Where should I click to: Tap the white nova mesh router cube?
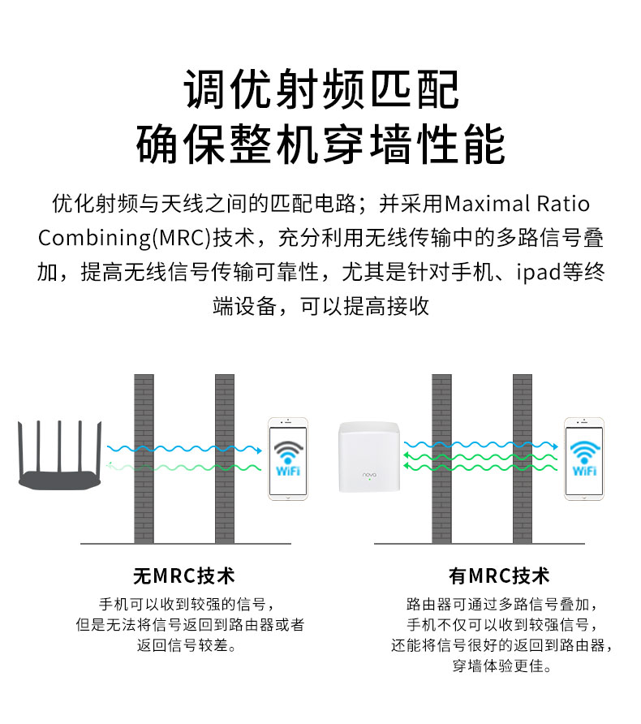pyautogui.click(x=368, y=457)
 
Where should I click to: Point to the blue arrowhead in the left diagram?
pyautogui.click(x=259, y=450)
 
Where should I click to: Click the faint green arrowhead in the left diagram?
pyautogui.click(x=110, y=465)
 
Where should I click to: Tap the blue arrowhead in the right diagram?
pyautogui.click(x=555, y=446)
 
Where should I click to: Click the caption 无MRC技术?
pyautogui.click(x=183, y=575)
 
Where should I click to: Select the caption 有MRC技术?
pyautogui.click(x=499, y=575)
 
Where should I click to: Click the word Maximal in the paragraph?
pyautogui.click(x=487, y=204)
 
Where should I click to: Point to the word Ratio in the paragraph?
pyautogui.click(x=563, y=204)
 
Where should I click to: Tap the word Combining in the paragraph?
pyautogui.click(x=94, y=239)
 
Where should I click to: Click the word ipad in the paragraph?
pyautogui.click(x=539, y=273)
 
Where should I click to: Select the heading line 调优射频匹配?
pyautogui.click(x=321, y=89)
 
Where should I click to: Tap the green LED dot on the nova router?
pyautogui.click(x=369, y=479)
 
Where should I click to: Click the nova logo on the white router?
pyautogui.click(x=369, y=474)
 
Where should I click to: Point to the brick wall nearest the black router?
pyautogui.click(x=144, y=459)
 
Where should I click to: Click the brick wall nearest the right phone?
pyautogui.click(x=523, y=459)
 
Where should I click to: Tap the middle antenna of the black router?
pyautogui.click(x=59, y=446)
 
